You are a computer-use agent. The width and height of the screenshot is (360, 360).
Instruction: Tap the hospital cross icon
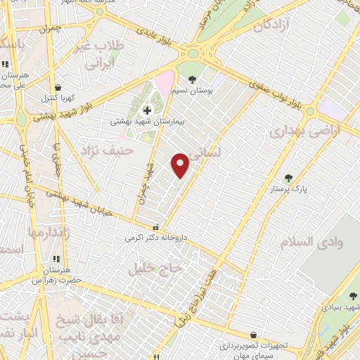pos(147,110)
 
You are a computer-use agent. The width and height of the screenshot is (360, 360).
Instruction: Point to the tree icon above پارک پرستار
pos(287,178)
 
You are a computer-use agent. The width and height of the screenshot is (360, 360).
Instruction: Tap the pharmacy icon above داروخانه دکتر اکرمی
pos(155,227)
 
